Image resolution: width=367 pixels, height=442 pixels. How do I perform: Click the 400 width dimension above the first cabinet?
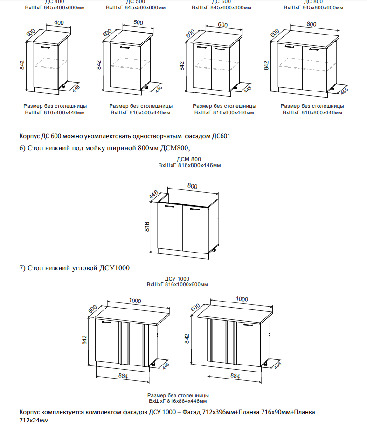59,23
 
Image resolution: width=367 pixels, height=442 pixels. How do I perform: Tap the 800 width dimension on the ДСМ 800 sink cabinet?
193,186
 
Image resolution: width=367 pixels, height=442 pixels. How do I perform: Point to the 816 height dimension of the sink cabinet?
147,227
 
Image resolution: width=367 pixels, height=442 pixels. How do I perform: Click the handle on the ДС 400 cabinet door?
45,47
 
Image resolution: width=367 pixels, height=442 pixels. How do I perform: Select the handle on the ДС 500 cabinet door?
125,47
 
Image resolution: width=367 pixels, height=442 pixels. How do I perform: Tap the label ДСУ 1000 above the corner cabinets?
177,278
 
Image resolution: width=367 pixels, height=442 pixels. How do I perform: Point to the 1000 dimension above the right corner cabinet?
242,299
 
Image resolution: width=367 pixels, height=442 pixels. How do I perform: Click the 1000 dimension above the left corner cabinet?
135,301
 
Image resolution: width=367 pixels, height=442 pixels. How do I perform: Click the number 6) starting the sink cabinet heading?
22,148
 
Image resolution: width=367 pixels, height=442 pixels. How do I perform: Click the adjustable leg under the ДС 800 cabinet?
332,88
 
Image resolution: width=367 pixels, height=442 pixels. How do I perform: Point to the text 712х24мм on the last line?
34,421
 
